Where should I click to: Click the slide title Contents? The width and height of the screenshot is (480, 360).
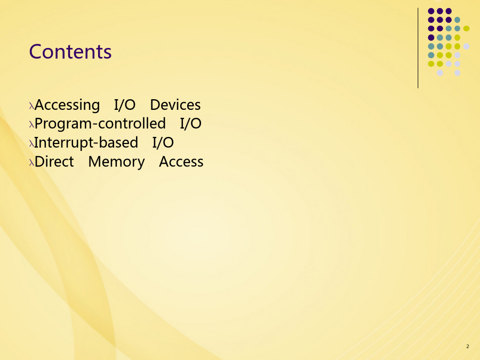pos(70,51)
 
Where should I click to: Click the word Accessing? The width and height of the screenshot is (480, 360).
pos(67,105)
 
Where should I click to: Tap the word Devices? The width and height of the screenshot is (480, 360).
pos(175,105)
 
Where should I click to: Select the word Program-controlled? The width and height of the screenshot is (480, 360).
pos(100,124)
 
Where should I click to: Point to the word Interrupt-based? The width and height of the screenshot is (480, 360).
pos(86,142)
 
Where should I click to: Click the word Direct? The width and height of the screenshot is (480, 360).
pos(54,162)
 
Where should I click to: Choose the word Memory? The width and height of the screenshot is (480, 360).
pos(117,162)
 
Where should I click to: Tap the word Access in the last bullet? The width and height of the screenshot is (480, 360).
pos(181,162)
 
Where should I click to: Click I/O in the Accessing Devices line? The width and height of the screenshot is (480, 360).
pos(125,105)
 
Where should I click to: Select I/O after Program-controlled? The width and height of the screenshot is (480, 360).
pos(191,124)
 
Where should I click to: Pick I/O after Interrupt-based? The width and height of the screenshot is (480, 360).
pos(163,142)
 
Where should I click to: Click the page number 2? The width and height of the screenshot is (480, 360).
pos(467,347)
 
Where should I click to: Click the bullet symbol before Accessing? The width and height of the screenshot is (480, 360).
pos(31,106)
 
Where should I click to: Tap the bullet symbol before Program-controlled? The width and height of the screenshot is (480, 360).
pos(31,125)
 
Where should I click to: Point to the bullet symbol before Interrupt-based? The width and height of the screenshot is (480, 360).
pos(31,144)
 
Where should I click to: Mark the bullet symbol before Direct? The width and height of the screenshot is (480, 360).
pos(31,163)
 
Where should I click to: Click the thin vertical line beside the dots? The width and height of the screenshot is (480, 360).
pos(418,48)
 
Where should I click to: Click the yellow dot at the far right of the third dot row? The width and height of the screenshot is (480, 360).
pos(466,28)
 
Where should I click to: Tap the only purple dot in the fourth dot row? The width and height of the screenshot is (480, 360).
pos(431,38)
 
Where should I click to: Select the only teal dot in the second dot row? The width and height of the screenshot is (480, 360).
pos(458,20)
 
